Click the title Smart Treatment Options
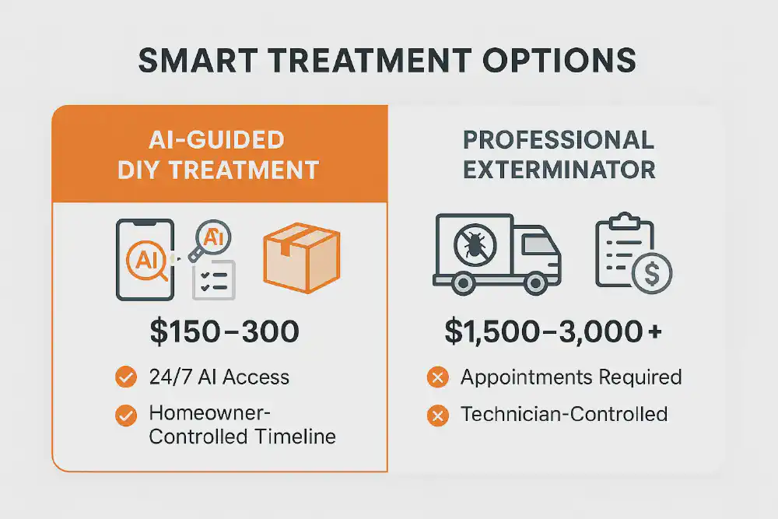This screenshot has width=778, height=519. point(387,61)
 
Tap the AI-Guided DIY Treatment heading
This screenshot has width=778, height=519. point(219,155)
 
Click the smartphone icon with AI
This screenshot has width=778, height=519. point(146,260)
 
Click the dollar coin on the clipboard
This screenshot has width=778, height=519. point(652,273)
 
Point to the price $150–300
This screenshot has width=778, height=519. point(224,332)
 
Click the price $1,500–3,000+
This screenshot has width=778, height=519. point(553,332)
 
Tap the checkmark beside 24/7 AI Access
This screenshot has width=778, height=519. point(125,378)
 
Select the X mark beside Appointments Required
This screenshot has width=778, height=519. point(438,378)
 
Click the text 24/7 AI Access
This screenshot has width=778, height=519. point(219,378)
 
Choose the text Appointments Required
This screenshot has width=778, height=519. point(571,378)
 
